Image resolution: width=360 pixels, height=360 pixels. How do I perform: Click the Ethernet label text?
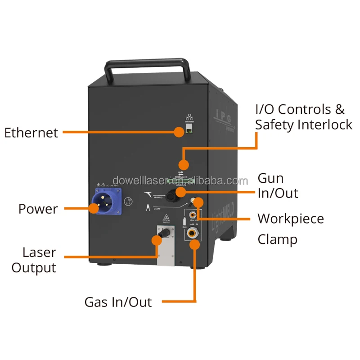click(31, 133)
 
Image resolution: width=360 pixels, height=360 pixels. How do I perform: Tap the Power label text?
click(38, 209)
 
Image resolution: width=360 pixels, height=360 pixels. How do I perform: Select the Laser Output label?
click(34, 260)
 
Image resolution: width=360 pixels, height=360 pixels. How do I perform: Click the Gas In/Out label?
click(118, 301)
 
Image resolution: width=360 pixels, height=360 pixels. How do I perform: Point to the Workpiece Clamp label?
click(290, 229)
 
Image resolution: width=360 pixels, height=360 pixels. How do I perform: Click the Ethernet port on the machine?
click(189, 130)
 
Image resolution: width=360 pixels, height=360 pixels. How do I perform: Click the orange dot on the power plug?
click(94, 208)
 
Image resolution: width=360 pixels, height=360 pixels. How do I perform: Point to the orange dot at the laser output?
click(157, 240)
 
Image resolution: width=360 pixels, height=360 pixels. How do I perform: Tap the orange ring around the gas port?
click(194, 245)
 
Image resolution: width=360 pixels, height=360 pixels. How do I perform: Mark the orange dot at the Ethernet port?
click(179, 132)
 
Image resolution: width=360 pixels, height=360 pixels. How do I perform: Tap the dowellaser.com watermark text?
click(180, 181)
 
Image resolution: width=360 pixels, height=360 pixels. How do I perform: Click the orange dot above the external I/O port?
click(183, 164)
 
